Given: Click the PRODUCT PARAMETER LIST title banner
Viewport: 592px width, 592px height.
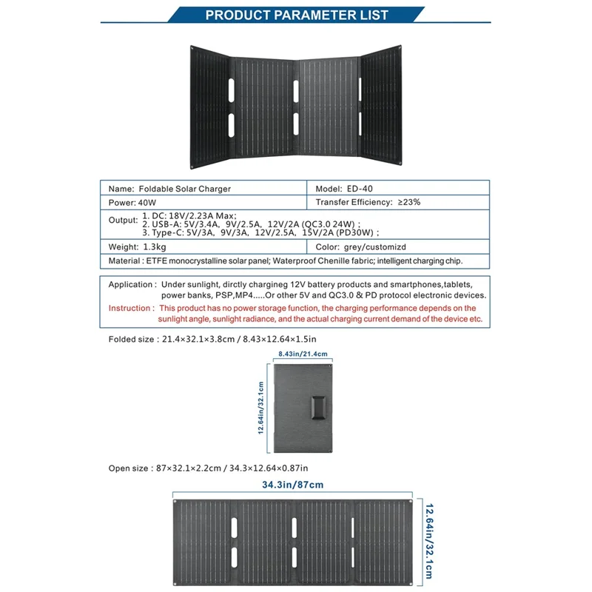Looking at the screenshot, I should (296, 15).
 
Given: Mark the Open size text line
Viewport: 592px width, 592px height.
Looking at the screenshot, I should (208, 468).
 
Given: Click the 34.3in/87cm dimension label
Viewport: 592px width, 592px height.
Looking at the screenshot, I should (292, 485).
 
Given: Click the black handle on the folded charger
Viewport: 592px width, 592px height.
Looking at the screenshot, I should (320, 408).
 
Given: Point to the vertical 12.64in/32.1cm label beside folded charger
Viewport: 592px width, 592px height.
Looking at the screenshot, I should (260, 408).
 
